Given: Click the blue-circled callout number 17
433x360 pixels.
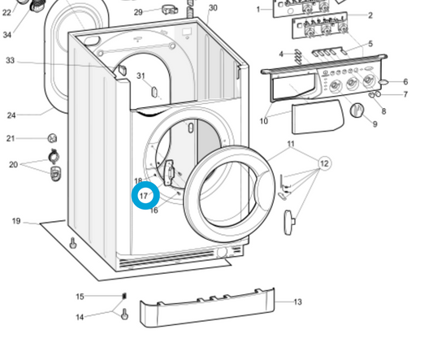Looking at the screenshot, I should click(x=145, y=196).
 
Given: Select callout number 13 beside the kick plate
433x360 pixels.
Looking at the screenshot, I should click(x=297, y=302).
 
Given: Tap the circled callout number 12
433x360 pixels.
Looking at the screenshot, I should click(x=324, y=164).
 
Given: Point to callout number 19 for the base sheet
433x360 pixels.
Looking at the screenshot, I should click(x=16, y=221).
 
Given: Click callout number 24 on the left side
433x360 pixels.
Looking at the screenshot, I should click(x=11, y=115).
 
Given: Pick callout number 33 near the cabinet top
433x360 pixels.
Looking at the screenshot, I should click(x=10, y=61).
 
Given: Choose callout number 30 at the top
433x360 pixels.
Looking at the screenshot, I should click(x=213, y=8).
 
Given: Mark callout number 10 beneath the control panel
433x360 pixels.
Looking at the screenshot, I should click(x=263, y=122).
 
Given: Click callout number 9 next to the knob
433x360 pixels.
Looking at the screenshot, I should click(x=375, y=124).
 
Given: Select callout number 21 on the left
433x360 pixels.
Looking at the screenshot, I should click(x=11, y=139).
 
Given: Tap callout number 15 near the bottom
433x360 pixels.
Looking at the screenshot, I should click(x=80, y=297).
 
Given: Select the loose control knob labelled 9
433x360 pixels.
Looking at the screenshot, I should click(x=355, y=111).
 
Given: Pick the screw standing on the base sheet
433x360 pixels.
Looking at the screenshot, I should click(x=73, y=242).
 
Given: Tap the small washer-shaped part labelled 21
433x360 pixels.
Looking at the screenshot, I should click(x=51, y=139).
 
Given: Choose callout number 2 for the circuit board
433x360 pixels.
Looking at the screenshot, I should click(x=370, y=15).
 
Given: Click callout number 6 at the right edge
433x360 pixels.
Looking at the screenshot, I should click(x=405, y=82).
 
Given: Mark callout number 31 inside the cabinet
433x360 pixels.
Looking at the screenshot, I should click(x=141, y=76).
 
